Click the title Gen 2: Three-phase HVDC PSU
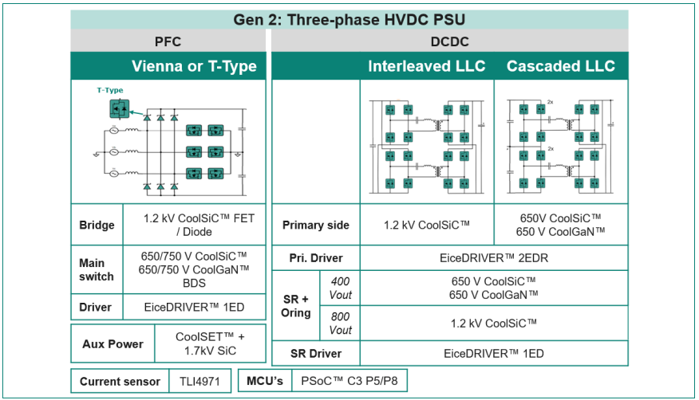click(349, 20)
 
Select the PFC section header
click(168, 41)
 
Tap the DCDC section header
click(449, 41)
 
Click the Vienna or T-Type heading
click(194, 66)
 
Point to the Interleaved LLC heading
click(427, 66)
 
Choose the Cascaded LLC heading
click(561, 66)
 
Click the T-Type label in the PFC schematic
click(110, 90)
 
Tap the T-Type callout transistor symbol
click(120, 108)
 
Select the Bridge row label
click(97, 225)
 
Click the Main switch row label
click(97, 269)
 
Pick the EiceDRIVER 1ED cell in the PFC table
click(194, 307)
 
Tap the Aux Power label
click(113, 344)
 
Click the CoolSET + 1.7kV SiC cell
click(210, 343)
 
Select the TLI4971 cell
click(199, 382)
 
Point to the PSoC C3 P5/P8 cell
click(349, 381)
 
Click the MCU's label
click(265, 381)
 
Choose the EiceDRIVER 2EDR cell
click(494, 258)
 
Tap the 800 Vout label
click(341, 324)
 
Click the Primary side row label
click(316, 225)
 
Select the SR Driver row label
click(316, 354)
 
